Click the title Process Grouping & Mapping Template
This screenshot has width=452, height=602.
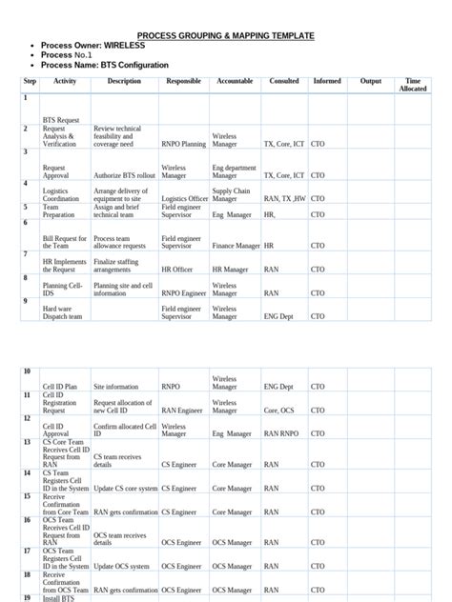click(225, 35)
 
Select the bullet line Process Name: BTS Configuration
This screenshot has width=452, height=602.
click(105, 65)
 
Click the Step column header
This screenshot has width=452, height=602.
click(29, 82)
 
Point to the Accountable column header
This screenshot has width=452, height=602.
click(234, 82)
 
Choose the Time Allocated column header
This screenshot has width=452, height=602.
click(413, 85)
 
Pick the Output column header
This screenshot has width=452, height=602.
click(370, 82)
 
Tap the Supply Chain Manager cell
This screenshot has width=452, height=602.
click(232, 195)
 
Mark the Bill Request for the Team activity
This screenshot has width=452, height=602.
click(65, 242)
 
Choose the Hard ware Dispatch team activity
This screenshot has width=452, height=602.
click(63, 312)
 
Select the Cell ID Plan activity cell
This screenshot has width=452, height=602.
click(60, 388)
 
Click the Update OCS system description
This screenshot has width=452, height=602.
click(125, 567)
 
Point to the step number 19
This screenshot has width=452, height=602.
click(28, 597)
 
